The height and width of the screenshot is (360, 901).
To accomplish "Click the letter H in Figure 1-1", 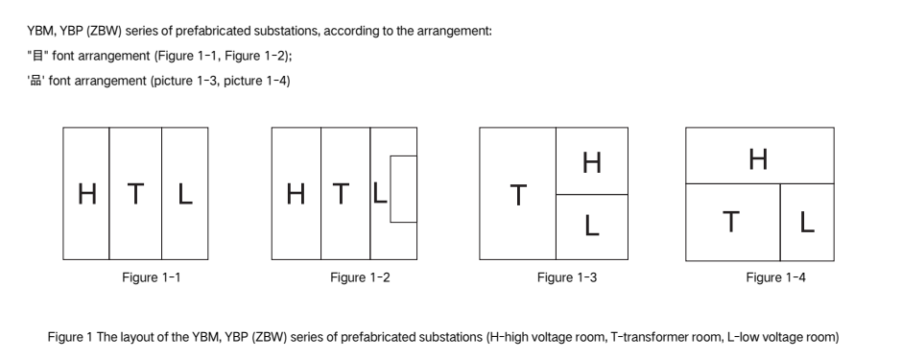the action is tap(86, 193).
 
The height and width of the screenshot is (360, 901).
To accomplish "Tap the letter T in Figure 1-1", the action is tap(135, 193).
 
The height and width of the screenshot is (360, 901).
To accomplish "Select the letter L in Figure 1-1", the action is tap(184, 193).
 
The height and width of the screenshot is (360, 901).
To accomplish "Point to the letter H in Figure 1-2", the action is tap(296, 193).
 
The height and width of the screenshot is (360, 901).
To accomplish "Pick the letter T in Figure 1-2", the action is tap(341, 193).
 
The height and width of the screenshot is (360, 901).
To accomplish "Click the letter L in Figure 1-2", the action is tap(379, 193).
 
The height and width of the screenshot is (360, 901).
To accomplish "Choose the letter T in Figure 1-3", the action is tap(518, 195).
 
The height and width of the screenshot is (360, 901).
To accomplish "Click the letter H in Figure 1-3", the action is tap(592, 162).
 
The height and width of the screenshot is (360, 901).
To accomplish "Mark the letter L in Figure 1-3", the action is tap(592, 226).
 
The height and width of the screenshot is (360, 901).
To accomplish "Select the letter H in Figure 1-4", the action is tap(758, 158).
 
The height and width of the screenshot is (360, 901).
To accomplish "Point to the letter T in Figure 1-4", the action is tap(730, 222).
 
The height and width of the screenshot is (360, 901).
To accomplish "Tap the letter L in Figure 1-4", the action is tap(807, 222).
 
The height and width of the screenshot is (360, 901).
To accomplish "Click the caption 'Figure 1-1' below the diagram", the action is tap(151, 277).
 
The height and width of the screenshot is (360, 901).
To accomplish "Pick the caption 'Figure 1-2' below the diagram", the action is tap(360, 277).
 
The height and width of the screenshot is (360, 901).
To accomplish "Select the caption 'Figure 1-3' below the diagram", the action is tap(567, 277).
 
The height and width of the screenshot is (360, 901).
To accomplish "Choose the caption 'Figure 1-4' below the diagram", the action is tap(775, 277).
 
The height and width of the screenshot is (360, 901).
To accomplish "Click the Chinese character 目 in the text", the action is tap(38, 56).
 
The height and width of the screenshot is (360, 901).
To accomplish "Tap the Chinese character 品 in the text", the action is tap(36, 81).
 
